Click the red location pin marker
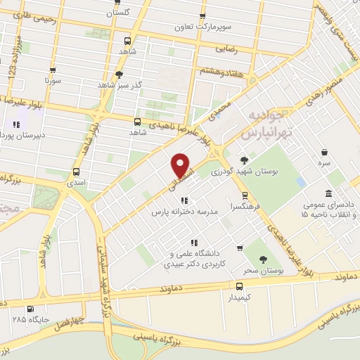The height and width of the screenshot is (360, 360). tap(181, 166)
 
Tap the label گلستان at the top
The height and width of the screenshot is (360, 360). tap(118, 13)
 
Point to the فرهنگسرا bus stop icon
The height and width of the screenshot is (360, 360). tap(244, 196)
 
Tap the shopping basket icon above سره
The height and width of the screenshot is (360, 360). tap(324, 152)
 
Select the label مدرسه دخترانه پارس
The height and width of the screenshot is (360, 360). tap(185, 211)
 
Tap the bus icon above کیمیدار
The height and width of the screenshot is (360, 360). tap(240, 286)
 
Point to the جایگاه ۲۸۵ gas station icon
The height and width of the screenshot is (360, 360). tap(30, 308)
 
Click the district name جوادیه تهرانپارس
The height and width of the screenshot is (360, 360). tap(263, 123)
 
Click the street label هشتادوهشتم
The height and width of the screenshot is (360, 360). tap(203, 71)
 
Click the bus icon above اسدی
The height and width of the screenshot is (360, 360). tap(76, 171)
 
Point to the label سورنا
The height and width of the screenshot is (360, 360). tap(54, 80)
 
